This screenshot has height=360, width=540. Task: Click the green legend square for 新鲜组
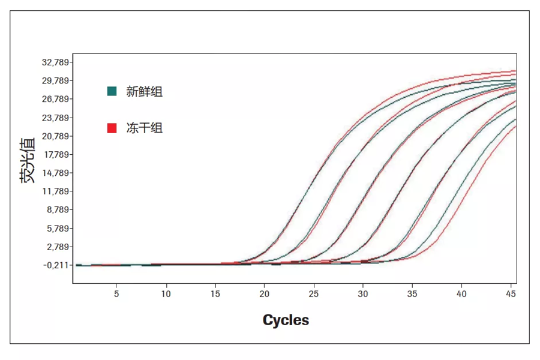point(112,92)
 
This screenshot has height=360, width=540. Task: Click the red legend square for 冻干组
point(112,128)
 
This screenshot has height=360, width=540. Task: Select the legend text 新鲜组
point(144,92)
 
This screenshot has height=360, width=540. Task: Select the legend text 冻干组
point(144,128)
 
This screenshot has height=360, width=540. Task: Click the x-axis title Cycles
point(286,320)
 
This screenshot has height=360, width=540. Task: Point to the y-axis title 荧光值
point(28,160)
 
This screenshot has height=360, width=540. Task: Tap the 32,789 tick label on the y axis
point(53,62)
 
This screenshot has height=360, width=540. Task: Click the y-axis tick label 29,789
point(53,81)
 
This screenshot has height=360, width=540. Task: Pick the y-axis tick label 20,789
point(53,136)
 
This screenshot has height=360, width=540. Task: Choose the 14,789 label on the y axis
point(53,173)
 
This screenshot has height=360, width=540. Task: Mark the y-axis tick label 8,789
point(55,210)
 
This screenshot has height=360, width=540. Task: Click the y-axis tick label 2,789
point(55,247)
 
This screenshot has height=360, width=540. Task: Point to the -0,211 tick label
point(55,265)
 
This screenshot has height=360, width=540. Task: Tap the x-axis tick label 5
point(116,294)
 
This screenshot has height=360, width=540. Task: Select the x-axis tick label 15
point(215,294)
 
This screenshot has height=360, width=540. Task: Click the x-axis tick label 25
point(313,294)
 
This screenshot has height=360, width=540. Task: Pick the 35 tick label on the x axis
point(412,294)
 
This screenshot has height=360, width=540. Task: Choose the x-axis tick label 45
point(511,294)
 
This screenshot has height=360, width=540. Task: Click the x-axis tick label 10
point(166,294)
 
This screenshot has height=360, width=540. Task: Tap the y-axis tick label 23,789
point(53,118)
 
